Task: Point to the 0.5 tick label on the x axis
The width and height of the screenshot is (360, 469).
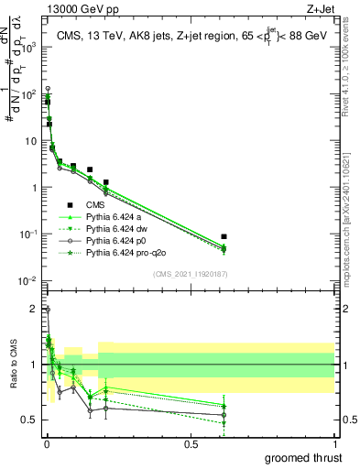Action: pyautogui.click(x=191, y=444)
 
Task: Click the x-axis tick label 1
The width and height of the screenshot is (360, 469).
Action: pyautogui.click(x=334, y=444)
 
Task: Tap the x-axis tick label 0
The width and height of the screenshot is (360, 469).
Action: pyautogui.click(x=47, y=444)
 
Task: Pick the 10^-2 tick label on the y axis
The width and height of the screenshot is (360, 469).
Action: pyautogui.click(x=27, y=280)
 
